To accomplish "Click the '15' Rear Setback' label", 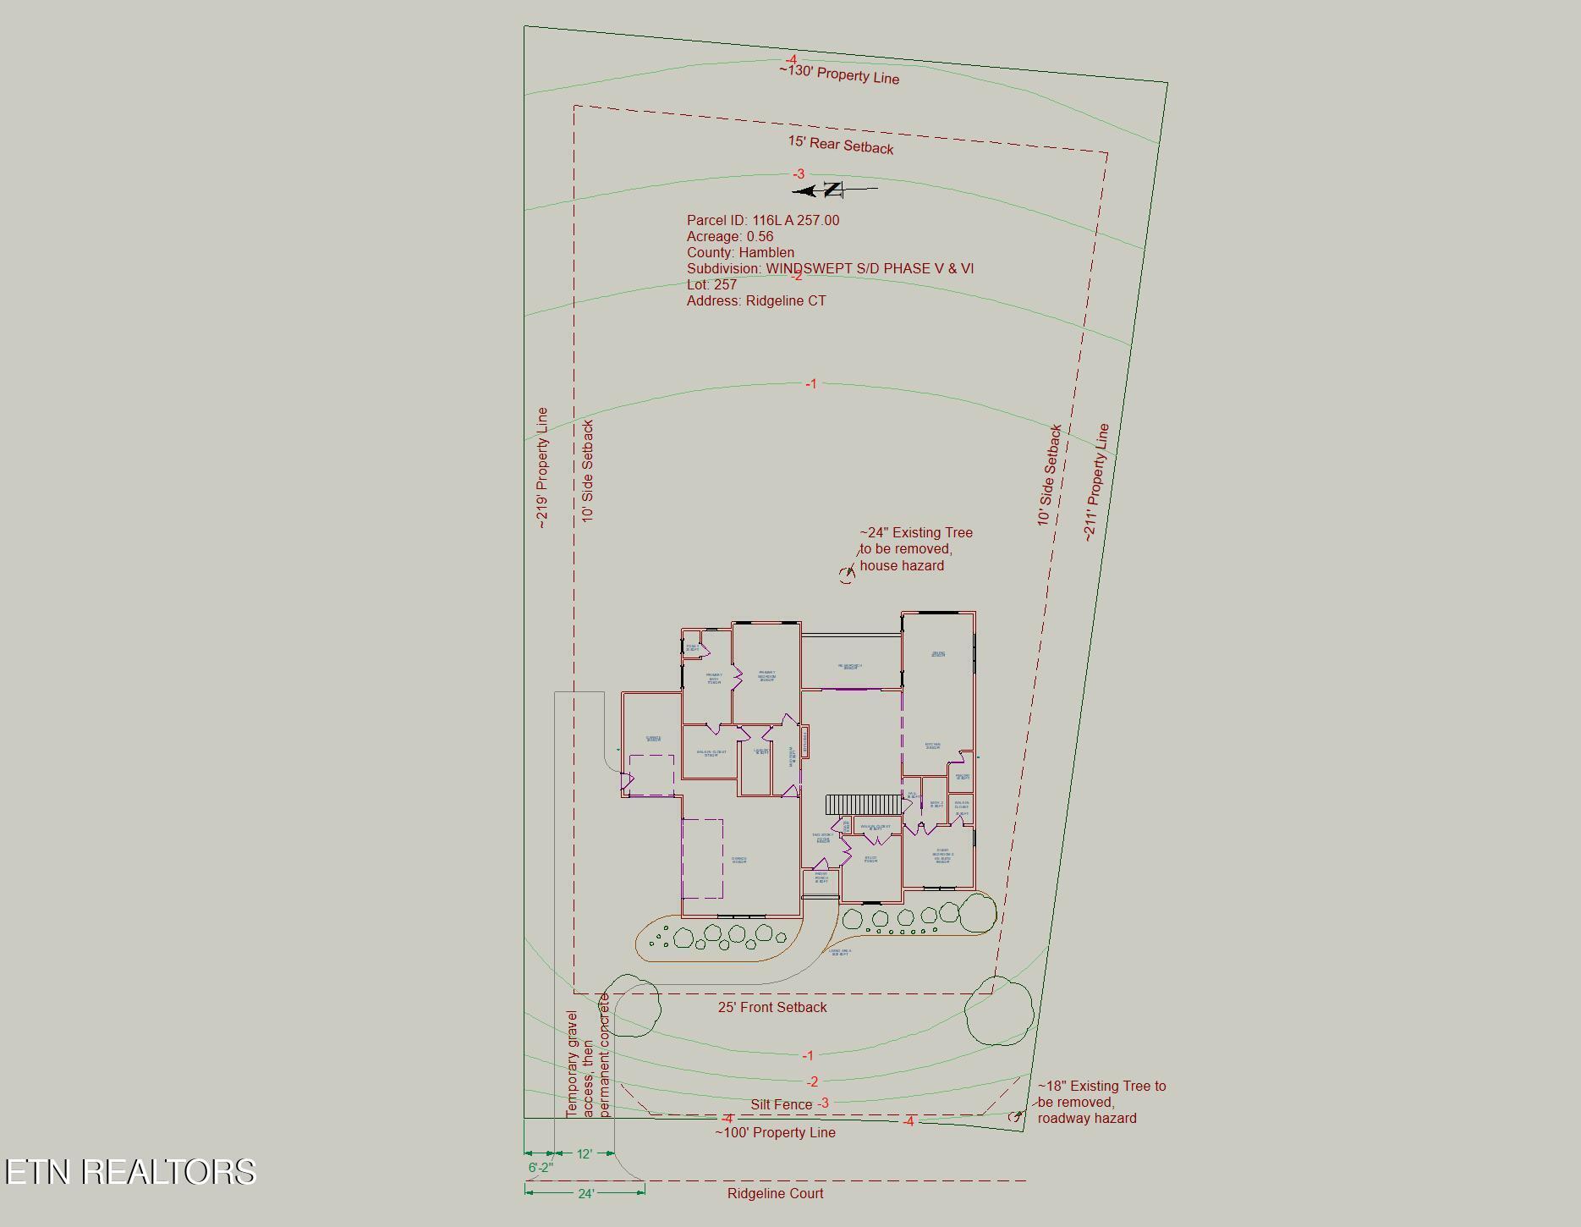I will [x=841, y=145].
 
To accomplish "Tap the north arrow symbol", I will [x=832, y=190].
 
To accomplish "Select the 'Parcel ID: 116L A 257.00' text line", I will [x=763, y=221].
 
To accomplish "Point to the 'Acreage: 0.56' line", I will [x=729, y=237].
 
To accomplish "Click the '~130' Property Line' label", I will [x=839, y=74].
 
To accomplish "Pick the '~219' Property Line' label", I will [x=542, y=468].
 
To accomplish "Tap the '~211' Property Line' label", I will [x=1097, y=482].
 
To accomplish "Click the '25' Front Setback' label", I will [x=772, y=1008].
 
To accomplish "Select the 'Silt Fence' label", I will [x=781, y=1105].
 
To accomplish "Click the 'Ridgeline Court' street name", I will [x=775, y=1194].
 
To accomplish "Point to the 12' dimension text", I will [x=584, y=1154].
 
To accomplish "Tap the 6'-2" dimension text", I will [x=541, y=1168].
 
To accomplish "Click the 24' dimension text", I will [x=586, y=1194].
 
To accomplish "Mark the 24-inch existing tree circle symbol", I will [x=847, y=575].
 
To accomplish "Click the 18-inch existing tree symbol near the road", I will [x=1017, y=1117].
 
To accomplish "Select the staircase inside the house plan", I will [x=863, y=805].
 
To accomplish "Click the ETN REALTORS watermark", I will [x=130, y=1172].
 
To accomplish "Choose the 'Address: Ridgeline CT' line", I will [x=756, y=301].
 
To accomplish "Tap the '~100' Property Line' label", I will [x=775, y=1133].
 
